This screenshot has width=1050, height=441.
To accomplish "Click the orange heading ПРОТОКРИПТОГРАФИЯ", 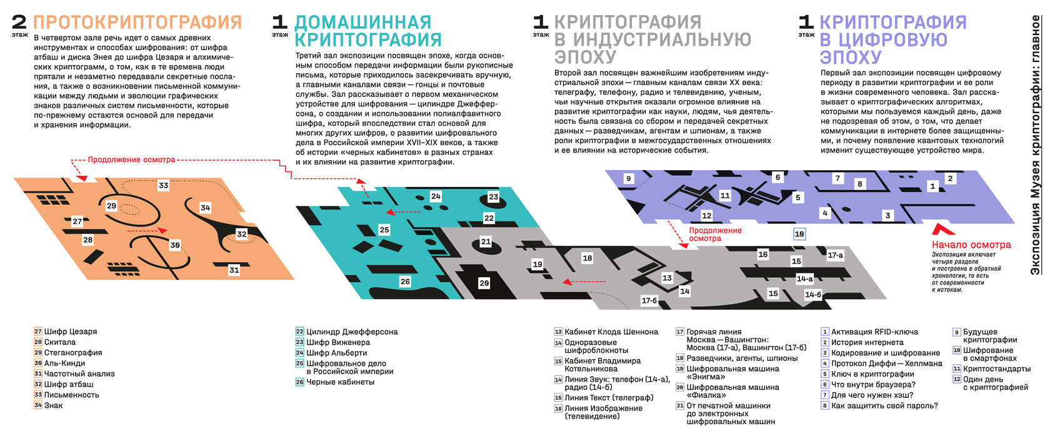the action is pos(137,23).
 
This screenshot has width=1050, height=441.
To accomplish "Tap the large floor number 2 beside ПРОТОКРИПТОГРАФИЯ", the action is pos(19,23).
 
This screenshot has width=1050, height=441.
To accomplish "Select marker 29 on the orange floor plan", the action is pos(111,206).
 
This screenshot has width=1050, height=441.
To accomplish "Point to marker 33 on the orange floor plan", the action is pos(163,186).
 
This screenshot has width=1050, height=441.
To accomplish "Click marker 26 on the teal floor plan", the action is pos(405,281).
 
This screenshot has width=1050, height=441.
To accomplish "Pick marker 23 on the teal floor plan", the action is pos(493,197).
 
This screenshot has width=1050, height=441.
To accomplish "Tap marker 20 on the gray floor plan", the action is pos(484,283).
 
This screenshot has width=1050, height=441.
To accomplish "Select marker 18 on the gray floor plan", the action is pos(587,258).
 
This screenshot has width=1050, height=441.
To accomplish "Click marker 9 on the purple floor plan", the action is pos(629,179).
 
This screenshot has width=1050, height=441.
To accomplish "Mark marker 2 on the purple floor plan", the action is pos(950,179).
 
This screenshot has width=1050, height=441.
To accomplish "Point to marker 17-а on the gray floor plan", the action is pos(835,255).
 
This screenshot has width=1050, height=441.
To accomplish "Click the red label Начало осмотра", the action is pos(971,245).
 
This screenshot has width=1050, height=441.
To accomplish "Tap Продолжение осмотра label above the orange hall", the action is pos(131,160).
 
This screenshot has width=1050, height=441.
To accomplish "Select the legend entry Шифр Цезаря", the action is pos(70,332).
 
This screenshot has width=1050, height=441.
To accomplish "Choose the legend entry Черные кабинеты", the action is pos(340,382).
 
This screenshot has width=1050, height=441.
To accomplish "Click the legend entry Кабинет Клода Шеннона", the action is pos(611,332).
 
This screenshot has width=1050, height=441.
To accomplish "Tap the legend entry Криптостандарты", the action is pos(996,368).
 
